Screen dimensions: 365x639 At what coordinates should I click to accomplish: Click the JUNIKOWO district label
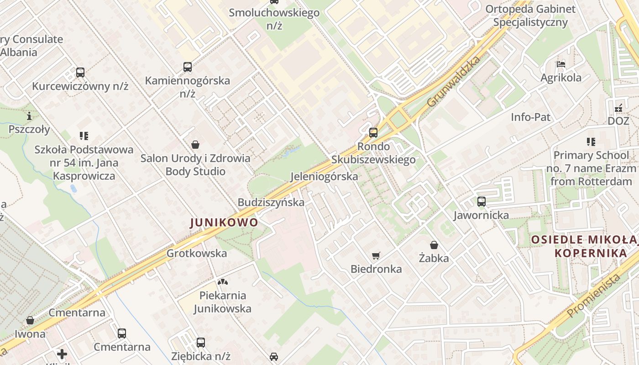224,223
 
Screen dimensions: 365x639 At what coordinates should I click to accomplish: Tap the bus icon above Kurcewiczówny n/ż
80,73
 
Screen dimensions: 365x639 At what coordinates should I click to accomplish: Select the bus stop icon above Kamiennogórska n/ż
188,67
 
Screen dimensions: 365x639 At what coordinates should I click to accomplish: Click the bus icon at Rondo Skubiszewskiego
373,133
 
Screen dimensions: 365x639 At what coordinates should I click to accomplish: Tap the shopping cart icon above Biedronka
376,255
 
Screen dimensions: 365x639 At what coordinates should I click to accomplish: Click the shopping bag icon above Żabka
434,245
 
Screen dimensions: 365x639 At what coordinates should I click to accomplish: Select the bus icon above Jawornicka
482,202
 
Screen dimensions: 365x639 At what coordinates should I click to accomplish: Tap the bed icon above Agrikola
561,64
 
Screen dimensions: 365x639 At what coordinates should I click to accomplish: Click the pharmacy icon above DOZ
618,108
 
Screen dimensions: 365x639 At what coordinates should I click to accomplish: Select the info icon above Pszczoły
30,116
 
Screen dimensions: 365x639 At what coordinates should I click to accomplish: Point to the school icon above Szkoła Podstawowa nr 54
84,136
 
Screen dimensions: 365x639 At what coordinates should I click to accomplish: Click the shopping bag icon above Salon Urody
195,145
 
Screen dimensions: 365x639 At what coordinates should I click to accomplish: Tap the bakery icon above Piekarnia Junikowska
222,282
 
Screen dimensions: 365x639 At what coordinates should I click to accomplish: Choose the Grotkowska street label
197,253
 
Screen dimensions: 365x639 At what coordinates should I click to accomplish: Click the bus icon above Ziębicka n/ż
201,343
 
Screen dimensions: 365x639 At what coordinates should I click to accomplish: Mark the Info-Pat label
530,117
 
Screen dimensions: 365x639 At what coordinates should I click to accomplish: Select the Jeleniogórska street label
324,177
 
